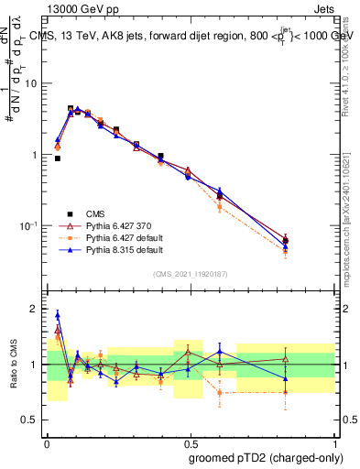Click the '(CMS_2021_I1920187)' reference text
pyautogui.click(x=190, y=273)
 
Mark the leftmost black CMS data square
pyautogui.click(x=57, y=158)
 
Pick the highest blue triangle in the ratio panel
pyautogui.click(x=57, y=315)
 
